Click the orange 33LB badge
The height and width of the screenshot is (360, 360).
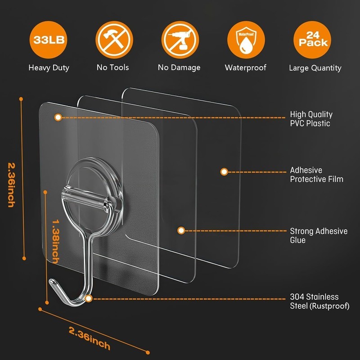[49, 39]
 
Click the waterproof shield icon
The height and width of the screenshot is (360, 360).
[245, 39]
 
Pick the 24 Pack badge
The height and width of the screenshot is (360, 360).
[311, 39]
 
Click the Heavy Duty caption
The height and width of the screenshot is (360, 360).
[49, 68]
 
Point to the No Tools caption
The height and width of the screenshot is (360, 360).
[112, 67]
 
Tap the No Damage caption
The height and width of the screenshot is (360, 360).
[179, 67]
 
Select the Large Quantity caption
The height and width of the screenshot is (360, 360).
[315, 68]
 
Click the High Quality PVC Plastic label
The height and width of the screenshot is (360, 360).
[311, 119]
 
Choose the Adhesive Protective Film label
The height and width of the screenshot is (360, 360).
[316, 175]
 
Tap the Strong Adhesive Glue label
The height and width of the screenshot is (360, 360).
[319, 235]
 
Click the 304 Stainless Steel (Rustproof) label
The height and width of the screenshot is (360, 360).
[319, 301]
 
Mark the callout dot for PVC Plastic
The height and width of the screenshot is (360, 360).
[58, 117]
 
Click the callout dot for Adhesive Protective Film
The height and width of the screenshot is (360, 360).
[224, 171]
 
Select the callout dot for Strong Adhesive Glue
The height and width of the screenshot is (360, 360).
[181, 230]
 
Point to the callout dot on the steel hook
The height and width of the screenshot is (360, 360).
[89, 298]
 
